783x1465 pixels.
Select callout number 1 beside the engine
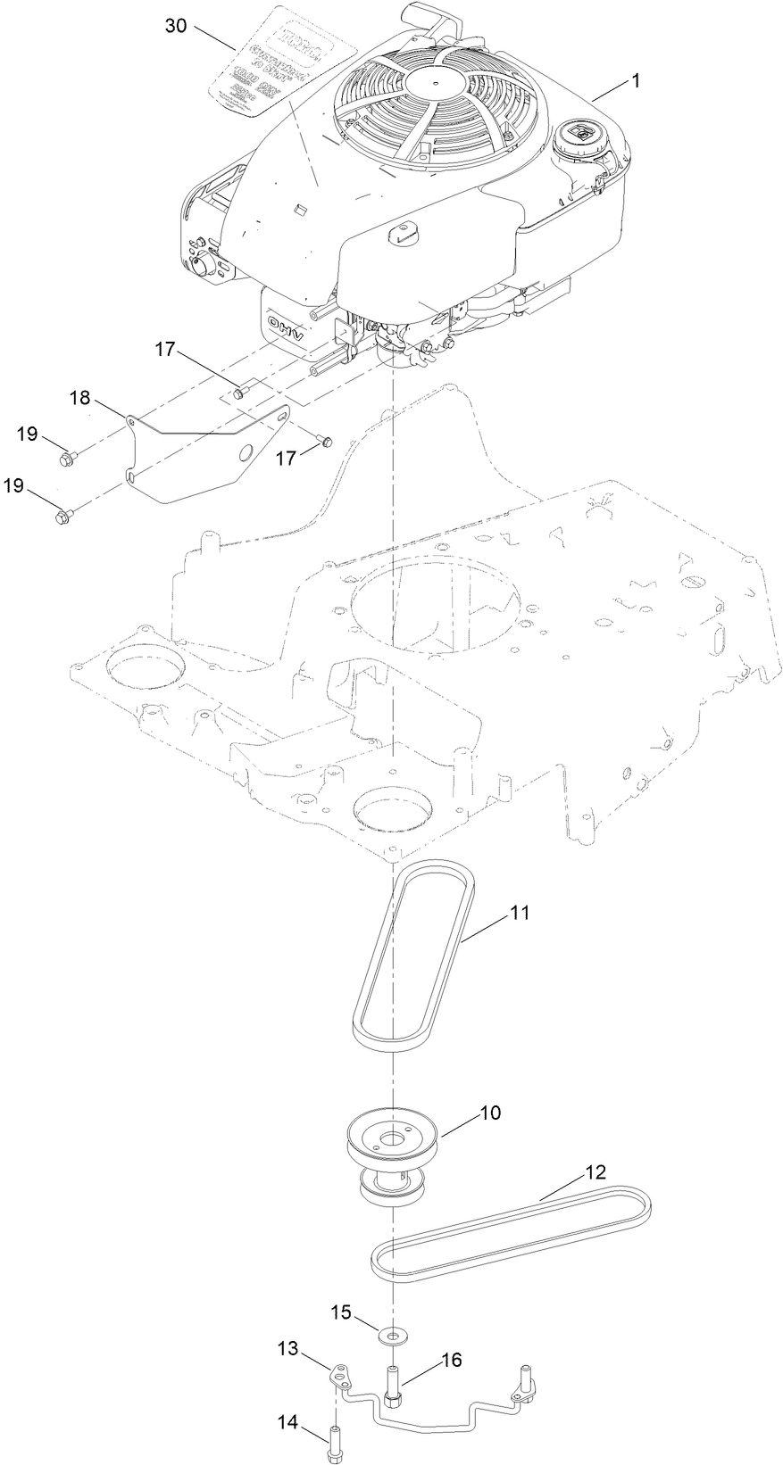click(x=636, y=80)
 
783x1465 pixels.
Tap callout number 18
click(x=81, y=398)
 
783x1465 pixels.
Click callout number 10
click(x=490, y=1113)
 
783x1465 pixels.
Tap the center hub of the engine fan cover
click(x=436, y=85)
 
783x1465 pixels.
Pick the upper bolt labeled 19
click(x=66, y=459)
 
